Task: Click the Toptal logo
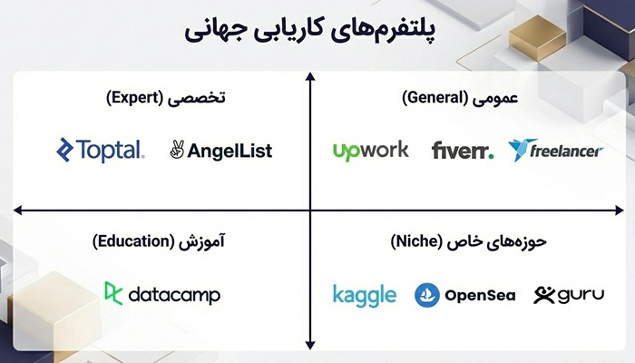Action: pyautogui.click(x=100, y=150)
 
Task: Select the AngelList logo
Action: pyautogui.click(x=220, y=151)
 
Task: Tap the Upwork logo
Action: pyautogui.click(x=371, y=150)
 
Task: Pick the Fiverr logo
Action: pyautogui.click(x=463, y=150)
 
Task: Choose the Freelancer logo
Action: pyautogui.click(x=555, y=150)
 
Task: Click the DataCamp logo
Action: pyautogui.click(x=162, y=294)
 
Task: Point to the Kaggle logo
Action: pyautogui.click(x=364, y=295)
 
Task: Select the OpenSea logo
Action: pyautogui.click(x=464, y=295)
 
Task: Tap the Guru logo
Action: pyautogui.click(x=569, y=295)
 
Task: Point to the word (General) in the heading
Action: pyautogui.click(x=435, y=96)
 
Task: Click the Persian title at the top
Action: pyautogui.click(x=317, y=32)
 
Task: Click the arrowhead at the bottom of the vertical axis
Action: pyautogui.click(x=309, y=344)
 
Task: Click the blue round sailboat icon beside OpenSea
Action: pyautogui.click(x=427, y=295)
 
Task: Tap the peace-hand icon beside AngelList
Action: pyautogui.click(x=177, y=151)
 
